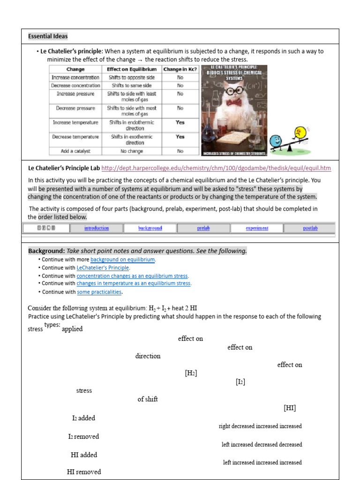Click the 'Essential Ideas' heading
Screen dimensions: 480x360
click(48, 36)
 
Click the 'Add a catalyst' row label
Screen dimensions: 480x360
click(75, 151)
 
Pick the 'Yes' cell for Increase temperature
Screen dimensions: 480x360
click(180, 122)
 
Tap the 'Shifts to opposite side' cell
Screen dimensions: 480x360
click(131, 77)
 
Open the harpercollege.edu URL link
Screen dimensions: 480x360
click(216, 168)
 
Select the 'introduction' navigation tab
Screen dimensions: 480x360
click(97, 228)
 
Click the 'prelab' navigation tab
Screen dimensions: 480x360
click(203, 228)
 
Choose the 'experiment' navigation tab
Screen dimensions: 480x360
click(257, 228)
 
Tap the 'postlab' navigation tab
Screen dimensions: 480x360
click(310, 228)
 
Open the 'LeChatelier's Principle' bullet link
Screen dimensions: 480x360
click(103, 268)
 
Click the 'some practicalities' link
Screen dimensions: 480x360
click(99, 292)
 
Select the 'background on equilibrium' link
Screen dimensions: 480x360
click(122, 260)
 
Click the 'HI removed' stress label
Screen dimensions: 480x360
click(84, 472)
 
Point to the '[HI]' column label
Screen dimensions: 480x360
click(290, 408)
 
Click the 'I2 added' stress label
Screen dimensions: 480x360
click(83, 418)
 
